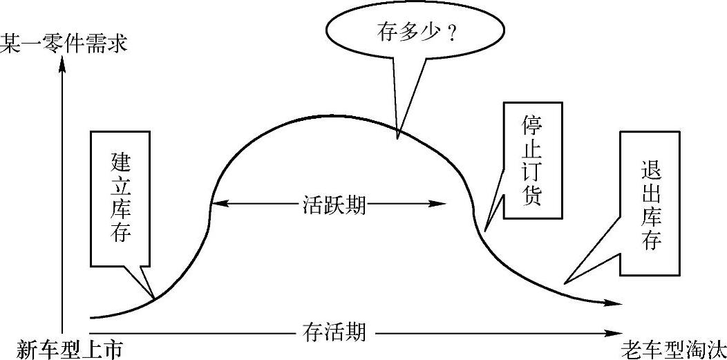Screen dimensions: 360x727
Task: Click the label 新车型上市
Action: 64,348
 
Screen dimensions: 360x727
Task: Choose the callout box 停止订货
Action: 532,160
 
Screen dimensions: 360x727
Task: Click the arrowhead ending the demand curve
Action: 617,303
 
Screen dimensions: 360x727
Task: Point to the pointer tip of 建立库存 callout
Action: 155,297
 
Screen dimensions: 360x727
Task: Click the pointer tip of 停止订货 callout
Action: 486,230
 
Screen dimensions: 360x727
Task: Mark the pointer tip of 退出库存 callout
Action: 565,283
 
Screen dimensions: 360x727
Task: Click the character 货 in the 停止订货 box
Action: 532,196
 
